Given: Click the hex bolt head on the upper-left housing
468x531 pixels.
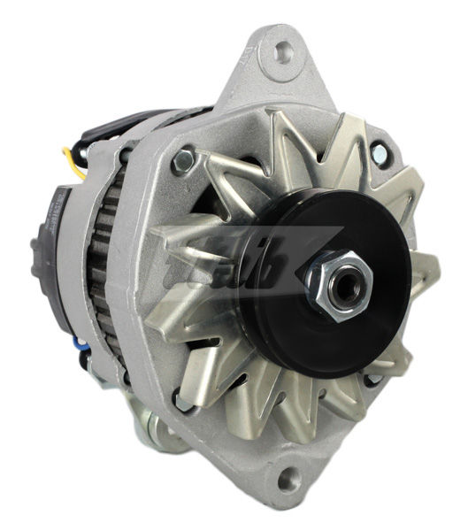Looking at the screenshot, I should click(x=185, y=160).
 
